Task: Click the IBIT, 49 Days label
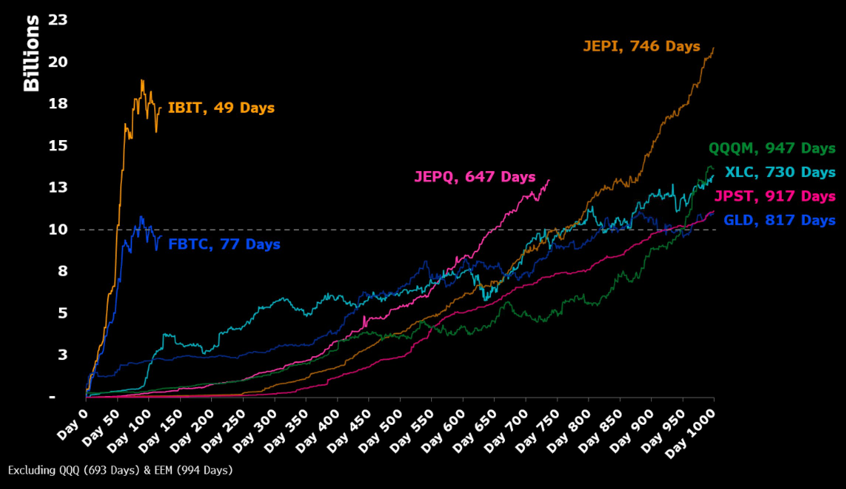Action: coord(221,108)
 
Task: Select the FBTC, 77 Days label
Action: coord(224,244)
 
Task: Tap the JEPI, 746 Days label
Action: coord(642,46)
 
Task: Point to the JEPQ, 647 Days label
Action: coord(475,177)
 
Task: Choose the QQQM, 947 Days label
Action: coord(772,148)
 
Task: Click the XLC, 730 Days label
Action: coord(780,172)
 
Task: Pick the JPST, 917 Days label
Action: coord(775,196)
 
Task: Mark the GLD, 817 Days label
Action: coord(780,220)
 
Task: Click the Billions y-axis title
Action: coord(31,53)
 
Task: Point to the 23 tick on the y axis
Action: coord(58,20)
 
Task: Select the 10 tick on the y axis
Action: coord(58,230)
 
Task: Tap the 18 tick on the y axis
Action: coord(58,104)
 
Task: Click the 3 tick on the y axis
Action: coord(63,355)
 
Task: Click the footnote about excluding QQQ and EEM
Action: coord(120,471)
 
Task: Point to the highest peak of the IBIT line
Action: coord(142,80)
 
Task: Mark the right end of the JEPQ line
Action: coord(549,180)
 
